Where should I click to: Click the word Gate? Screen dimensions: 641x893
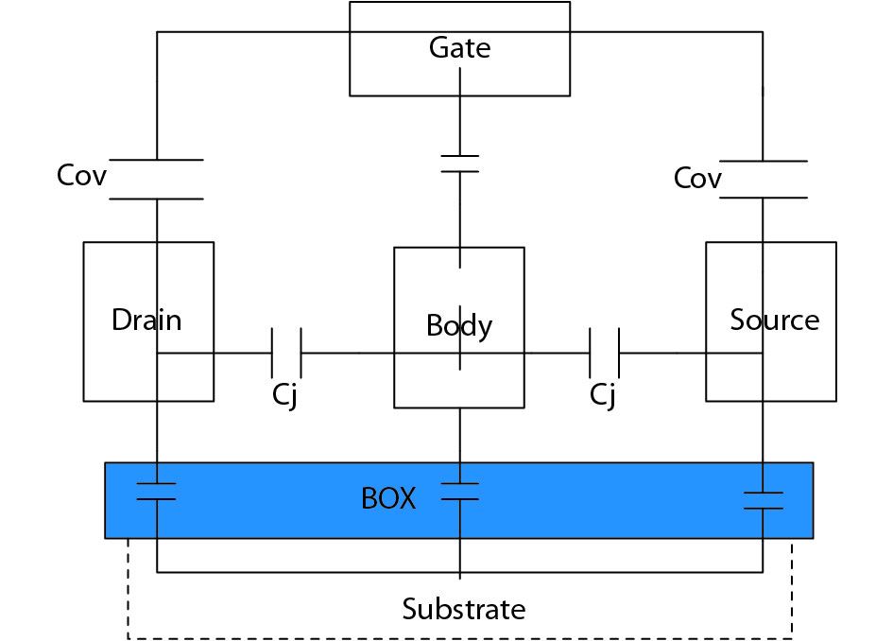pyautogui.click(x=459, y=48)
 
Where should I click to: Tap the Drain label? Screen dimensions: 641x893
pyautogui.click(x=146, y=320)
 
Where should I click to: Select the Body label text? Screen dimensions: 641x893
pyautogui.click(x=459, y=326)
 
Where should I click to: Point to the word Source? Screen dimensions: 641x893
pyautogui.click(x=774, y=320)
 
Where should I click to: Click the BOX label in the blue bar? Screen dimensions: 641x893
pyautogui.click(x=388, y=498)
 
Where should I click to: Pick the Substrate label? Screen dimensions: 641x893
pyautogui.click(x=463, y=609)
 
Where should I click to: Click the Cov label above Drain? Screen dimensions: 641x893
pyautogui.click(x=82, y=176)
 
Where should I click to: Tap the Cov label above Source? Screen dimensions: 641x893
pyautogui.click(x=697, y=179)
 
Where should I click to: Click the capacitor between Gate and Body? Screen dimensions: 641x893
pyautogui.click(x=459, y=164)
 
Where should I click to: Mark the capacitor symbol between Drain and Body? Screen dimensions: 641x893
pyautogui.click(x=286, y=354)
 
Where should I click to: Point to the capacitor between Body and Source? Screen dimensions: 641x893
pyautogui.click(x=604, y=354)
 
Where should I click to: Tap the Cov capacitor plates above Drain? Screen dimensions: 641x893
pyautogui.click(x=157, y=180)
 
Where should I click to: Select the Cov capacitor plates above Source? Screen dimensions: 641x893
pyautogui.click(x=763, y=179)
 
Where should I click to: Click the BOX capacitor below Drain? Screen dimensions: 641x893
pyautogui.click(x=157, y=491)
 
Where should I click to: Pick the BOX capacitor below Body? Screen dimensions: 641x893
pyautogui.click(x=460, y=492)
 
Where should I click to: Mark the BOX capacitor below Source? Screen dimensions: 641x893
pyautogui.click(x=763, y=500)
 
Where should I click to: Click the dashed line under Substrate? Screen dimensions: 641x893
pyautogui.click(x=460, y=636)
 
